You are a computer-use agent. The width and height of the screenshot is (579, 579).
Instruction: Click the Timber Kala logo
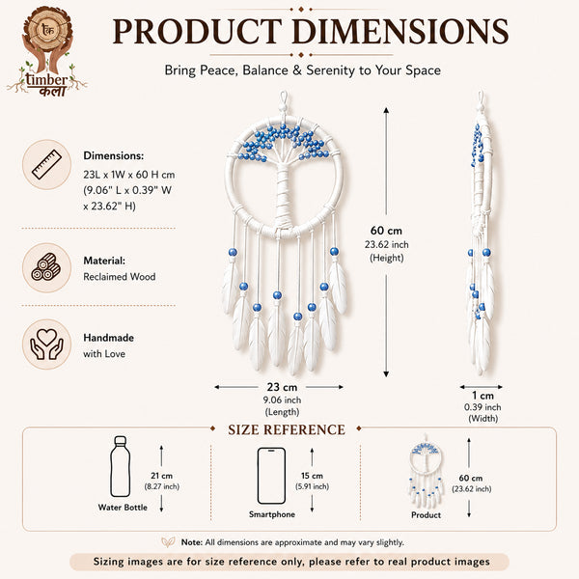[47, 52]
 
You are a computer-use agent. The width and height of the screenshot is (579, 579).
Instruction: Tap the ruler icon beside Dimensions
[46, 165]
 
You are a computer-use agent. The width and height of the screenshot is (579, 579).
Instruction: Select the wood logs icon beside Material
[46, 267]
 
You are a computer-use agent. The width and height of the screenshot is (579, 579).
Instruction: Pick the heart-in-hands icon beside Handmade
[46, 345]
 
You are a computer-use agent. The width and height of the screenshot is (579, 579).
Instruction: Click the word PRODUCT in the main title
[198, 32]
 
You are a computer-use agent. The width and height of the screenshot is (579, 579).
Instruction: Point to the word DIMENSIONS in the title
[400, 32]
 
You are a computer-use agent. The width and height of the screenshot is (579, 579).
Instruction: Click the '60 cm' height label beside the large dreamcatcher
[386, 231]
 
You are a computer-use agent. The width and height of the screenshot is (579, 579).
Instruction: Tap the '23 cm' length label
[282, 387]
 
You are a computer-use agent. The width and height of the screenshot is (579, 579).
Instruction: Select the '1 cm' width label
[482, 396]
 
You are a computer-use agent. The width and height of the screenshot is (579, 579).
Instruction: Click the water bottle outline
[121, 467]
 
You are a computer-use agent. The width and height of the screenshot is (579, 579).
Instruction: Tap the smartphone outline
[271, 476]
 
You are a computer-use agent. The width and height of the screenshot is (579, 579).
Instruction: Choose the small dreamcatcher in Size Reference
[426, 471]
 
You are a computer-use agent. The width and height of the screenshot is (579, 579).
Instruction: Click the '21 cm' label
[161, 476]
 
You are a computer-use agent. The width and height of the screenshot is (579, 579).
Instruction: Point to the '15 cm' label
[312, 476]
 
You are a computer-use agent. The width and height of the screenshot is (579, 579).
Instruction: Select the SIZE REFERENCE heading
[287, 429]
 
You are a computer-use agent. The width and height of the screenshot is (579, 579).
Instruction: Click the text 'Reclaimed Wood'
[120, 277]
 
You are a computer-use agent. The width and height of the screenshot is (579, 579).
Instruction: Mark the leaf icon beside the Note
[168, 542]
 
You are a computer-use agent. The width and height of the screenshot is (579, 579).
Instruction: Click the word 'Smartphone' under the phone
[272, 514]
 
